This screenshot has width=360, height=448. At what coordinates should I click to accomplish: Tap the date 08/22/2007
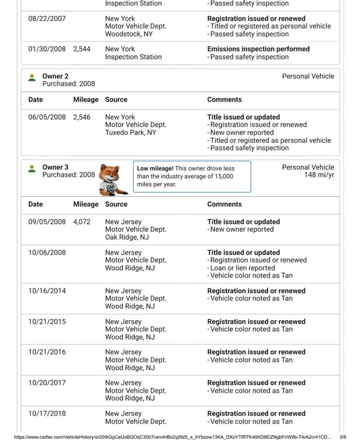[x=47, y=19]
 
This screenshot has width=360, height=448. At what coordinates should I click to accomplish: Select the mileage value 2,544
[x=82, y=50]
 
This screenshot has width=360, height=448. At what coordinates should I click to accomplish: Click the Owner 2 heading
[x=55, y=76]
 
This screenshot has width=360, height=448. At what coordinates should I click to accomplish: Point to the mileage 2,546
[x=82, y=117]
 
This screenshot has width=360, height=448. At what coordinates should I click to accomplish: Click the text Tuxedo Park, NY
[x=131, y=132]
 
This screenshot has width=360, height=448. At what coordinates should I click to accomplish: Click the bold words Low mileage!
[x=155, y=169]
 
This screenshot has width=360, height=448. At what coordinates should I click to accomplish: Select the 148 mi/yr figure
[x=319, y=175]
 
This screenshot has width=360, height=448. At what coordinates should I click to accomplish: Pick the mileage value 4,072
[x=82, y=222]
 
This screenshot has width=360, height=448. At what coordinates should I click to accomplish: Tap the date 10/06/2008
[x=47, y=253]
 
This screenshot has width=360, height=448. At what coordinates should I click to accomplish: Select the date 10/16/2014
[x=47, y=291]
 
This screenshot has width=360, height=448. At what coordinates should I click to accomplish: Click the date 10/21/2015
[x=47, y=322]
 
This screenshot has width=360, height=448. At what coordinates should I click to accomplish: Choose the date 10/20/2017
[x=47, y=383]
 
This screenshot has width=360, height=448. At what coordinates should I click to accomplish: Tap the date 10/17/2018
[x=47, y=414]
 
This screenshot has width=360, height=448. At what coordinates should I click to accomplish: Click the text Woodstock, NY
[x=130, y=34]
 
